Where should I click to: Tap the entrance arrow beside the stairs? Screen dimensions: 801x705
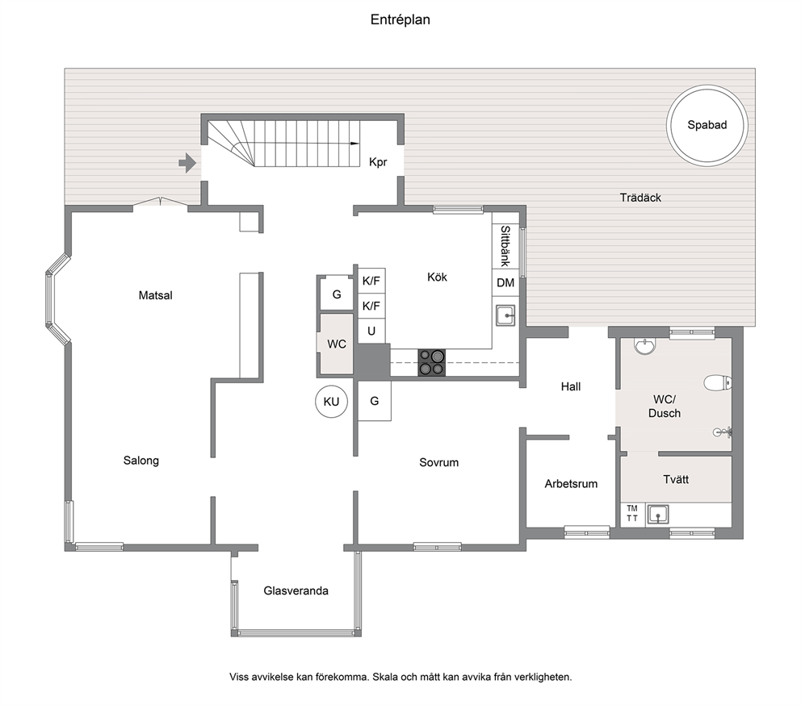click(x=187, y=163)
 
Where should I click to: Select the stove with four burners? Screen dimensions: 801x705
click(x=432, y=362)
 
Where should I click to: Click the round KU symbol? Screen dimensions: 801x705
click(x=332, y=402)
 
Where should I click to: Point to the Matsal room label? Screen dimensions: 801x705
click(x=156, y=295)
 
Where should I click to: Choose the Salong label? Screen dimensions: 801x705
click(x=141, y=461)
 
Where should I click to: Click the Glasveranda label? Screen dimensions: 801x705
click(x=296, y=590)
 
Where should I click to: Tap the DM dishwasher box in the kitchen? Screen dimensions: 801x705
click(x=505, y=282)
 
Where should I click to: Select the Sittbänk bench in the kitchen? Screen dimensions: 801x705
click(x=505, y=246)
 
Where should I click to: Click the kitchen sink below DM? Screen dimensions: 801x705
click(x=505, y=315)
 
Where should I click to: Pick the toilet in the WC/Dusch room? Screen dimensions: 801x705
click(x=718, y=382)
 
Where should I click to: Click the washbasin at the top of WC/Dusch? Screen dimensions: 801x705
click(x=644, y=345)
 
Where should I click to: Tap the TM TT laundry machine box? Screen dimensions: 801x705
click(x=632, y=514)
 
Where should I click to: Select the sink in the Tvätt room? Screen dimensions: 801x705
click(x=658, y=515)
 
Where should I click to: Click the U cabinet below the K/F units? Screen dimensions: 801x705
click(x=371, y=332)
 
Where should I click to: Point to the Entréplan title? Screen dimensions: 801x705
click(x=400, y=20)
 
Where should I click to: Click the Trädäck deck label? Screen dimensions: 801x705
click(x=640, y=198)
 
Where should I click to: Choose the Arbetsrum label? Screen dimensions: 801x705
click(x=571, y=484)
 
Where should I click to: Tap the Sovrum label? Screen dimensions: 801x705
click(x=438, y=462)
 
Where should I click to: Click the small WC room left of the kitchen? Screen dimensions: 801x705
click(x=336, y=344)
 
